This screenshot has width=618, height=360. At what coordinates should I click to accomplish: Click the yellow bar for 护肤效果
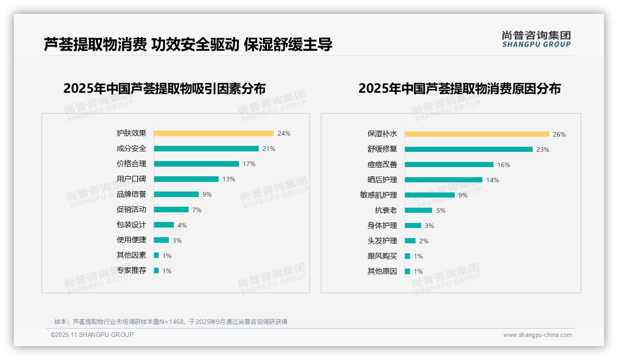tap(214, 133)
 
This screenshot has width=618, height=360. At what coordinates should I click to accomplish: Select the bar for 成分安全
tap(206, 149)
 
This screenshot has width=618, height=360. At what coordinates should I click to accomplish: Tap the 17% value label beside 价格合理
tap(249, 164)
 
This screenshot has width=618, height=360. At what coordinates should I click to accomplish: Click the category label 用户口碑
tap(131, 179)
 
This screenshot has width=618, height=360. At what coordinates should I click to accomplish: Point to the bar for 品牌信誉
tap(176, 194)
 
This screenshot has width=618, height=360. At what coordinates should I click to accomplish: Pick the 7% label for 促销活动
tap(197, 210)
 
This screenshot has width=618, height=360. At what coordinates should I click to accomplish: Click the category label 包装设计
tap(131, 225)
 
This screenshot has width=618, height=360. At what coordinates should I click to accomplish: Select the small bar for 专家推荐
tap(156, 270)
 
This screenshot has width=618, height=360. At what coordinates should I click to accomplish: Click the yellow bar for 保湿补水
tap(477, 134)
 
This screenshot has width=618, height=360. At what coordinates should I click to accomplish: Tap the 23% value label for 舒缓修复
tap(543, 150)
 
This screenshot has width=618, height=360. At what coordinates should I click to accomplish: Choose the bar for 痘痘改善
tap(449, 165)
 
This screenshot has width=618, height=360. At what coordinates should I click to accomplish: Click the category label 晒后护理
tap(382, 180)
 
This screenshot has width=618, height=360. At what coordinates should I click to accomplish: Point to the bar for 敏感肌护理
tap(429, 195)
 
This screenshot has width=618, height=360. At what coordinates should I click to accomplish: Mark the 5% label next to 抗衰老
tap(441, 210)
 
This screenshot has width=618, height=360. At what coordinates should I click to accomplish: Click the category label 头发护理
tap(382, 241)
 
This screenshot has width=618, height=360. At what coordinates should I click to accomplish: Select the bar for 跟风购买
tap(407, 256)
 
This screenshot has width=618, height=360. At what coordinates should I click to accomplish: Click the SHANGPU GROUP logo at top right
tap(536, 39)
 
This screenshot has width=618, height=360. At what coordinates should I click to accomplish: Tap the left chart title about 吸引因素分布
tap(164, 88)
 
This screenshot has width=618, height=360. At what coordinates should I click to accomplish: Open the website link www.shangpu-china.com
tap(537, 335)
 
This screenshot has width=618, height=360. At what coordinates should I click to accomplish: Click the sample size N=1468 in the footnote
tap(172, 322)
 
